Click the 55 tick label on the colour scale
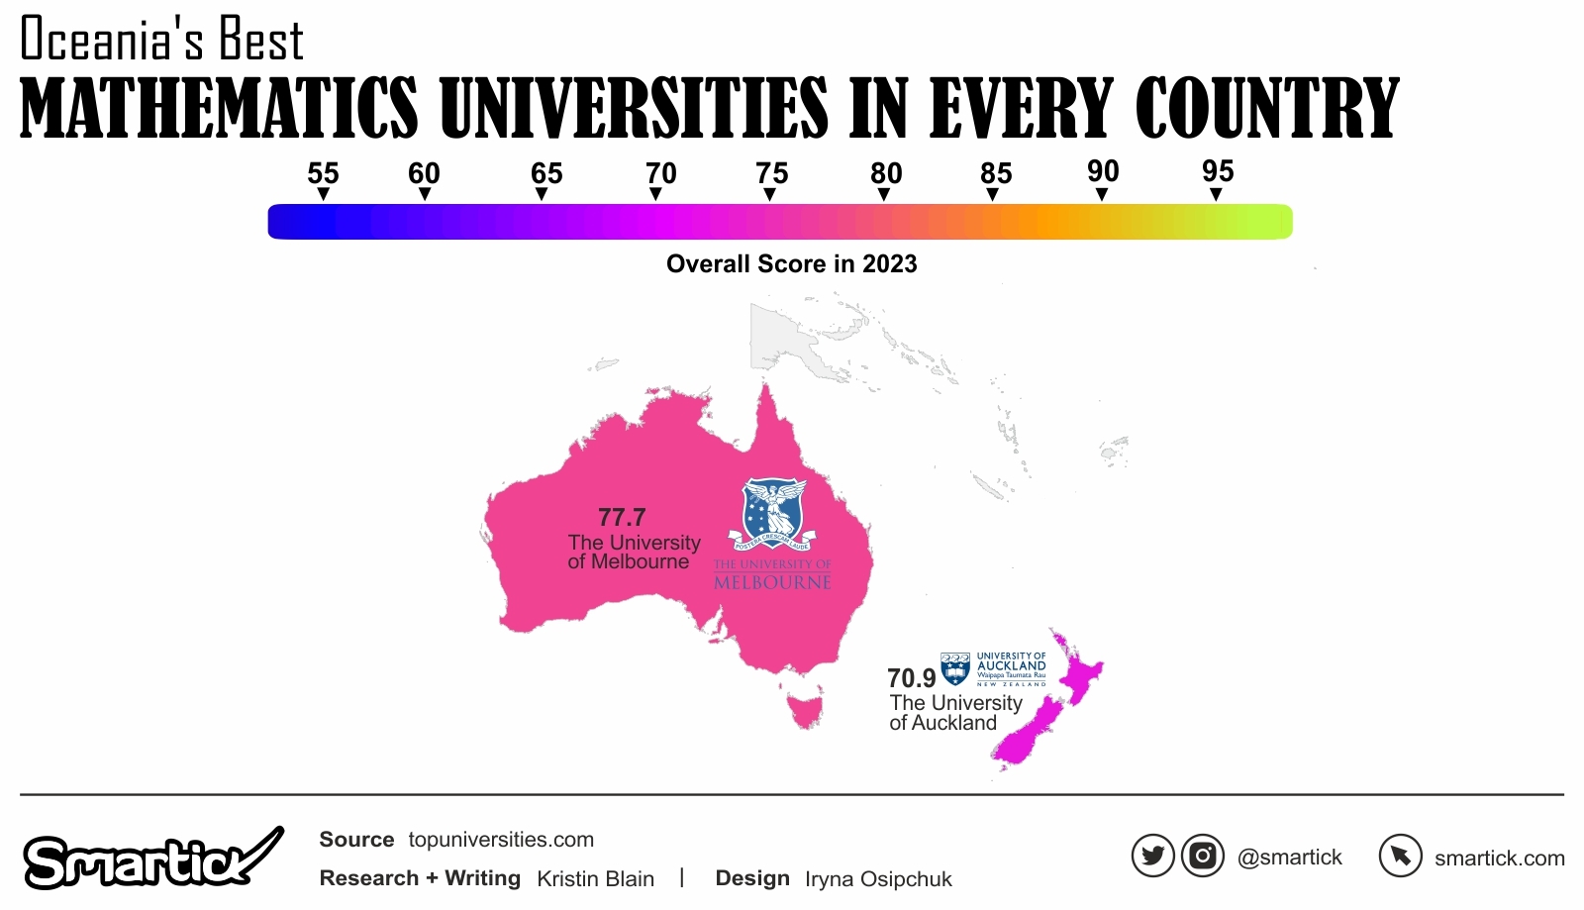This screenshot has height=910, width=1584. pos(323,173)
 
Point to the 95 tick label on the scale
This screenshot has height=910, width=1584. pos(1218,171)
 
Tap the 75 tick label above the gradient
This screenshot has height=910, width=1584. pos(771,173)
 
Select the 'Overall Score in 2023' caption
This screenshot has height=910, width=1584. pos(791,264)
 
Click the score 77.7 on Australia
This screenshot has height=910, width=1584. pos(622,517)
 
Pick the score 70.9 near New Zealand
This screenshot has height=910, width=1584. pos(911,678)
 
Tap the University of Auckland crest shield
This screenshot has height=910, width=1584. pos(955,668)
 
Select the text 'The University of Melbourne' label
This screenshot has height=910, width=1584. pos(634,553)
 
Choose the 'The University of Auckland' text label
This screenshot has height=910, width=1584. pos(954,713)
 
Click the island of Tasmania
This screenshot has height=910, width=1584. pos(805,709)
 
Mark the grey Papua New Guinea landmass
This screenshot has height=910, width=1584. pos(792,342)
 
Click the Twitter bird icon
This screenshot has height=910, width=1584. pos(1153,856)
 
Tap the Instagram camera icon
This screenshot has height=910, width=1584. pos(1203,856)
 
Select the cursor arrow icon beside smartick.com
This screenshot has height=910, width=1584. pos(1401,856)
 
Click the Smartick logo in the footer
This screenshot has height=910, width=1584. pos(148,859)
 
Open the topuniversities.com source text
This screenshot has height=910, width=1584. pos(501,840)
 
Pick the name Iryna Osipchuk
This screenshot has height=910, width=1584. pos(878,879)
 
